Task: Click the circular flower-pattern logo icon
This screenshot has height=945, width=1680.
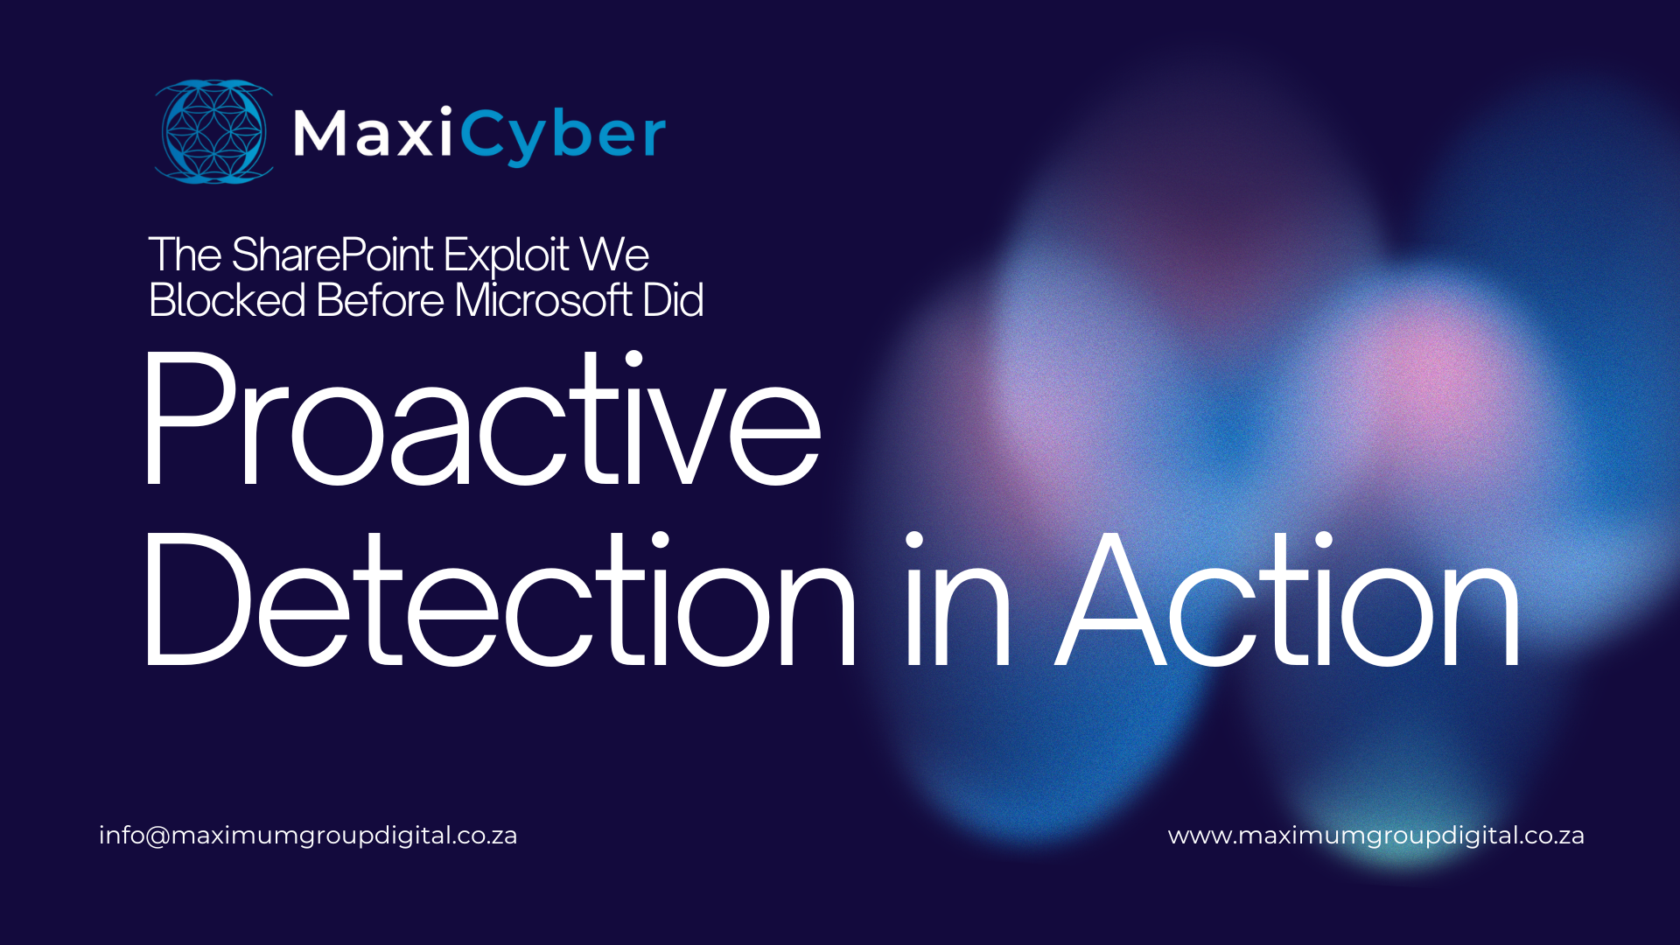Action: pyautogui.click(x=213, y=132)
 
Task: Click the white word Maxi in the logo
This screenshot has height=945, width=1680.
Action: pyautogui.click(x=373, y=134)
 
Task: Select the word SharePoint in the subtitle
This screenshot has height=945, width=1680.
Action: pyautogui.click(x=332, y=255)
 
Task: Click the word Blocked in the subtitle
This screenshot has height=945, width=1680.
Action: pyautogui.click(x=227, y=300)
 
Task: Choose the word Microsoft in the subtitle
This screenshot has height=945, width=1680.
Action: pyautogui.click(x=543, y=300)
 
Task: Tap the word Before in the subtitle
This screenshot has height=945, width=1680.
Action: pyautogui.click(x=380, y=300)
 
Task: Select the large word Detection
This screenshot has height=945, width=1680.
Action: pyautogui.click(x=499, y=600)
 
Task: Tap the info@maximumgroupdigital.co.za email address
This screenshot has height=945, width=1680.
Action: pyautogui.click(x=307, y=836)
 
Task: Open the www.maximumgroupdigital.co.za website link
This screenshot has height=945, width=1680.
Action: pyautogui.click(x=1375, y=836)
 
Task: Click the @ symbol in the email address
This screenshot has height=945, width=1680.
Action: pyautogui.click(x=158, y=836)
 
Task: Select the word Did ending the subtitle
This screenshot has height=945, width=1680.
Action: pyautogui.click(x=673, y=300)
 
